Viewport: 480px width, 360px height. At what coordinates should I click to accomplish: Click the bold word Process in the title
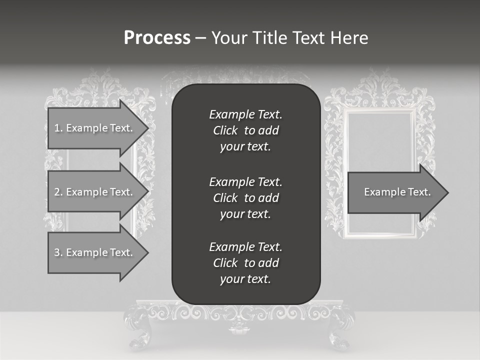pos(157,38)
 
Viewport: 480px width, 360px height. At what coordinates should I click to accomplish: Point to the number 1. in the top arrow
pos(58,128)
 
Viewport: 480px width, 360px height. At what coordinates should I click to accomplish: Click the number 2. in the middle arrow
pos(58,192)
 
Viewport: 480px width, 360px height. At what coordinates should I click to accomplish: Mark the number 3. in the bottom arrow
pos(58,252)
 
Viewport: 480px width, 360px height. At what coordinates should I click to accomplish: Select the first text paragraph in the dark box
pos(245,130)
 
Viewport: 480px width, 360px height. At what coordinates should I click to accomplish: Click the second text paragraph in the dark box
pos(245,198)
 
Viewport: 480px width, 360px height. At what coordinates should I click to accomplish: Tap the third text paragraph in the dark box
pos(245,263)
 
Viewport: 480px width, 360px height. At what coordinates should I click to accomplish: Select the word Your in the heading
pos(230,38)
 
